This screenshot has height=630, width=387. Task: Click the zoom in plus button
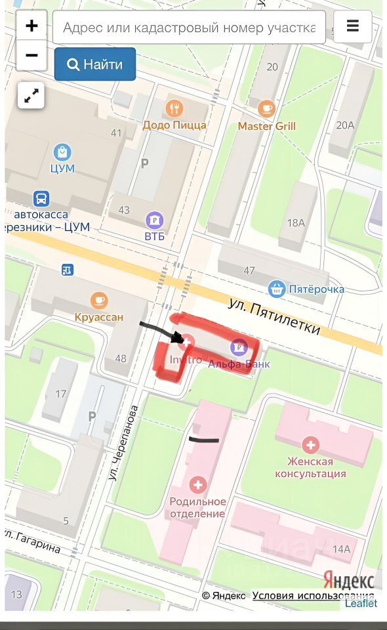click(31, 26)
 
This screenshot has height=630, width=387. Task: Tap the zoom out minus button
click(31, 56)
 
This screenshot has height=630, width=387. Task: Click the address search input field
click(189, 28)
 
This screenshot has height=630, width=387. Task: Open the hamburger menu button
click(353, 26)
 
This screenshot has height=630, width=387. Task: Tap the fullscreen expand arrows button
click(31, 96)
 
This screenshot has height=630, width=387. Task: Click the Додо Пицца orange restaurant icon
click(174, 108)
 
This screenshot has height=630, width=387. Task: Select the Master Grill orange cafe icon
click(266, 108)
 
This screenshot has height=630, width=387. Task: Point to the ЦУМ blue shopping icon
click(62, 152)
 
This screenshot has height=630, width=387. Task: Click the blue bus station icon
click(41, 198)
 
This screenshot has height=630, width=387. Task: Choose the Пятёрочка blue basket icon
click(277, 288)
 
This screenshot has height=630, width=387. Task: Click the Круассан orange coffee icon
click(99, 301)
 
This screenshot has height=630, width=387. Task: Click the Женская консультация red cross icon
click(312, 446)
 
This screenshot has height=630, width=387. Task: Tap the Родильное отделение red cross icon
click(197, 486)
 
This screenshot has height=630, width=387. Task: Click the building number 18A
click(296, 222)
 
